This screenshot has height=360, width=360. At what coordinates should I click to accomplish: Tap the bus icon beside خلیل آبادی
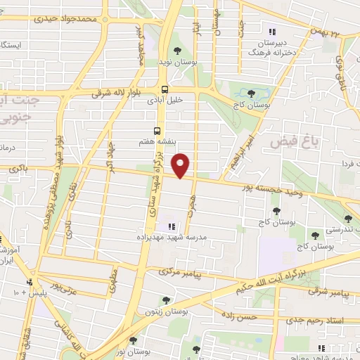coord(165,89)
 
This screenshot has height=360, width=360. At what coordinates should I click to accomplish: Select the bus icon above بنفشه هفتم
coord(157,131)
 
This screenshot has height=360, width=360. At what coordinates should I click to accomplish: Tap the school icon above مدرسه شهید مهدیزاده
coord(172,226)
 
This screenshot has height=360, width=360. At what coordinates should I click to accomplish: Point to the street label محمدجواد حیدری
coord(105,20)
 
